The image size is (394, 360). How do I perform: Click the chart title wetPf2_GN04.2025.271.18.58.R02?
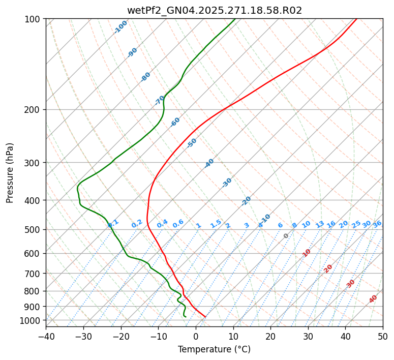click(x=214, y=10)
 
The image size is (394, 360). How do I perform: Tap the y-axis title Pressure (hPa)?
click(x=10, y=173)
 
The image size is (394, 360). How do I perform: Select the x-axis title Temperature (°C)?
click(x=214, y=349)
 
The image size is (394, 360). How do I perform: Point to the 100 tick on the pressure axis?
click(x=33, y=19)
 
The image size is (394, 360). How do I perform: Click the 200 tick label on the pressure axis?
click(x=33, y=109)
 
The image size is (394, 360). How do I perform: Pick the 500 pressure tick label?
click(x=33, y=229)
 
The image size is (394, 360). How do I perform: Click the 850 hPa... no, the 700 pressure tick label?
click(x=33, y=274)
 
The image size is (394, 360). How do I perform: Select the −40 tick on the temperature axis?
click(x=46, y=336)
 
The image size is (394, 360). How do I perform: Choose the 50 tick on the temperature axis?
click(x=383, y=336)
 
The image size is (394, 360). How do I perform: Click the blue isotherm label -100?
click(x=121, y=27)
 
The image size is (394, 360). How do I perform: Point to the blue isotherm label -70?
click(x=160, y=100)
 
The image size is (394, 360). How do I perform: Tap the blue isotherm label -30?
click(x=227, y=183)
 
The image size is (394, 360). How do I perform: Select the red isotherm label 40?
click(x=373, y=299)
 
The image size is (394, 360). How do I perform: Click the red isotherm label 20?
click(x=328, y=268)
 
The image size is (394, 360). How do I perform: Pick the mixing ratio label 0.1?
click(x=113, y=223)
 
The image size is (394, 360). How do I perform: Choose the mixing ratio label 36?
click(x=377, y=224)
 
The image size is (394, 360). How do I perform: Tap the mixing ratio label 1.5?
click(x=216, y=223)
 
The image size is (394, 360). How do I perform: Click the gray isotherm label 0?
click(x=286, y=236)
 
